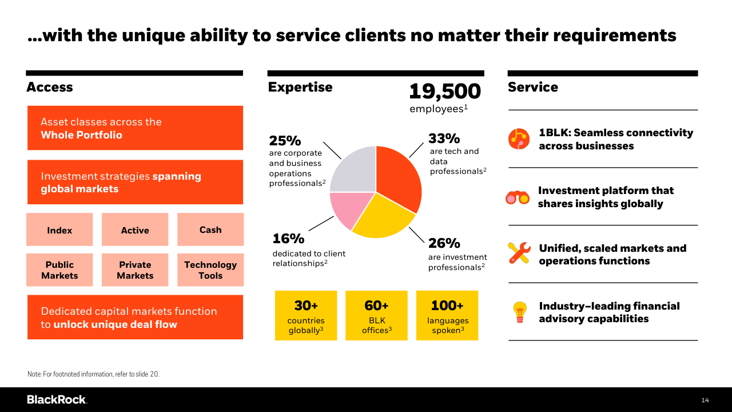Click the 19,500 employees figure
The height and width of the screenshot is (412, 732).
(445, 92)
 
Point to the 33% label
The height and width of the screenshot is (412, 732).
(444, 138)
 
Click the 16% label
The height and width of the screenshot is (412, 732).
(288, 239)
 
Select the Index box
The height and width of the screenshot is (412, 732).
(59, 230)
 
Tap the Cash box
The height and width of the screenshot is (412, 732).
(210, 229)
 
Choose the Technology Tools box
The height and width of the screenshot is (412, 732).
(210, 270)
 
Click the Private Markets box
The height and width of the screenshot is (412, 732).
(135, 270)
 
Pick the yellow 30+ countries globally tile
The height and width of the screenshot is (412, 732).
(306, 316)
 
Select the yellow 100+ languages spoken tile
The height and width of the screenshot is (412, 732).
(447, 316)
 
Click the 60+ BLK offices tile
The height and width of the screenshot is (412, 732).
(376, 316)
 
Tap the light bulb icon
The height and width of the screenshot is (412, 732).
(519, 312)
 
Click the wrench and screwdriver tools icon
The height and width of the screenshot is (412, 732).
(519, 253)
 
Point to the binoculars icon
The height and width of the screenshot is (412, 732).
(518, 198)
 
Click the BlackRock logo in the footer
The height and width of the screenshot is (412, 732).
(57, 399)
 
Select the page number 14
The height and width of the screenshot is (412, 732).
(705, 400)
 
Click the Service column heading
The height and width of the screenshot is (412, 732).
(532, 87)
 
